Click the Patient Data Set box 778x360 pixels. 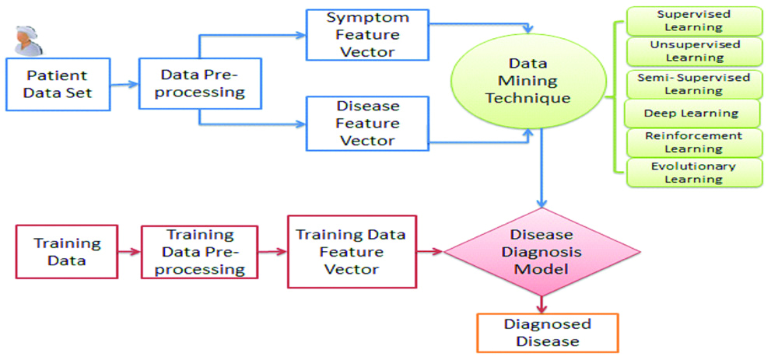click(x=59, y=85)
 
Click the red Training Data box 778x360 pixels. click(x=67, y=252)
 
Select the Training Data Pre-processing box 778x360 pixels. click(x=199, y=252)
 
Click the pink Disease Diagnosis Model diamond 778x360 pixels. click(x=541, y=251)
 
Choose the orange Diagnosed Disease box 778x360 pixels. click(x=547, y=333)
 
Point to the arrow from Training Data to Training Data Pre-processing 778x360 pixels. click(x=129, y=252)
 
